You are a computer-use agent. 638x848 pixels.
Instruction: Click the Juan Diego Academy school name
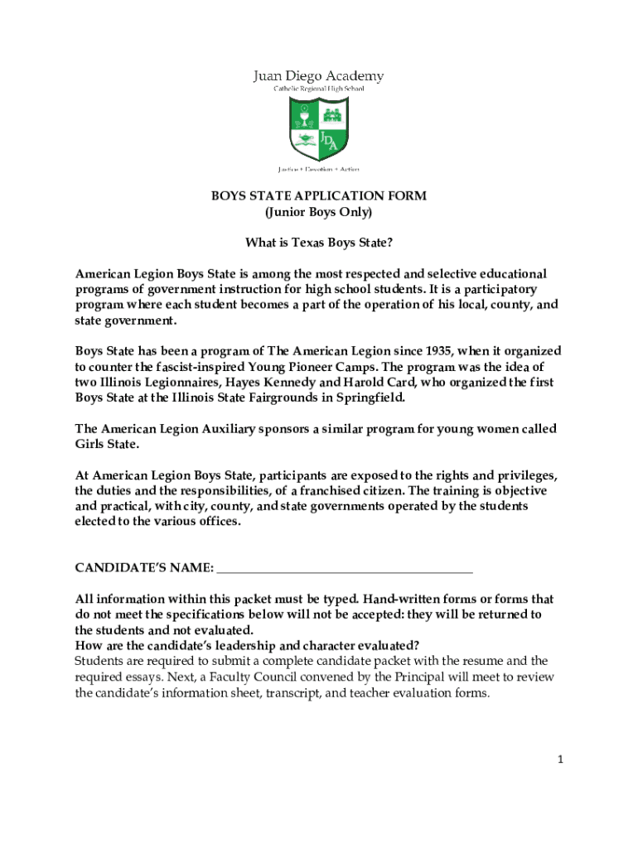pyautogui.click(x=318, y=76)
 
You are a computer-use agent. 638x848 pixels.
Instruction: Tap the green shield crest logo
pyautogui.click(x=318, y=129)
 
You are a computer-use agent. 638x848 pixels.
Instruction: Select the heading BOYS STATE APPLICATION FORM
pyautogui.click(x=318, y=196)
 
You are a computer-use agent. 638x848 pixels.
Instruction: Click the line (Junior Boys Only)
pyautogui.click(x=318, y=213)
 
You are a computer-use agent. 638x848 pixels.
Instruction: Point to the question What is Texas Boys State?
pyautogui.click(x=318, y=243)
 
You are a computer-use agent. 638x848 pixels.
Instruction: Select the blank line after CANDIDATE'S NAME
pyautogui.click(x=344, y=568)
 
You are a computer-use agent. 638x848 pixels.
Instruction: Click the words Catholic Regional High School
pyautogui.click(x=318, y=89)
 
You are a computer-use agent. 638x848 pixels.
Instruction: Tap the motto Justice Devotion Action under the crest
pyautogui.click(x=318, y=169)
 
